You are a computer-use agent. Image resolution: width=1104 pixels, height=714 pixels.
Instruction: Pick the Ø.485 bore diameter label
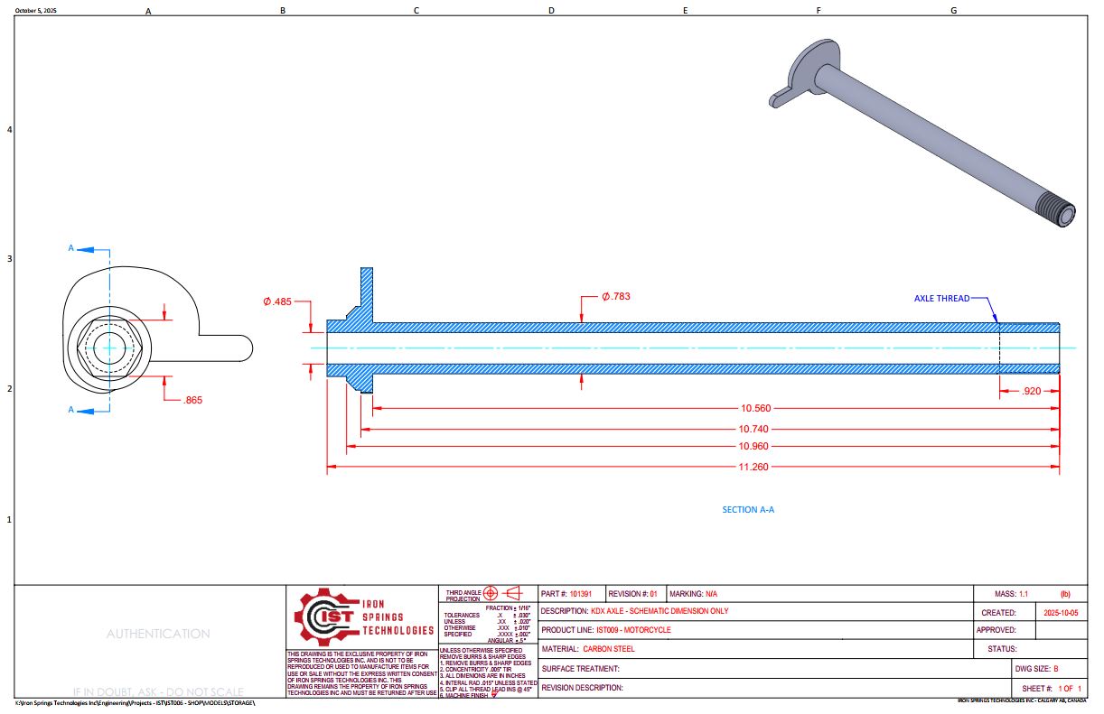(277, 301)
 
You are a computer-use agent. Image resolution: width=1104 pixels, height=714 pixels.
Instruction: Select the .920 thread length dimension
(1030, 392)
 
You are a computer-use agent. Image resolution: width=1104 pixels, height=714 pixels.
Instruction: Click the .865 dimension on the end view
(192, 400)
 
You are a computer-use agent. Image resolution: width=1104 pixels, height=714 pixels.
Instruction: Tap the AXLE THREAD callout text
(941, 298)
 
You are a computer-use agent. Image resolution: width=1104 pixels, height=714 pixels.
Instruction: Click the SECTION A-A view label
(748, 509)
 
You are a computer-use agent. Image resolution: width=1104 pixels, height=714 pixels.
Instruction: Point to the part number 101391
(581, 594)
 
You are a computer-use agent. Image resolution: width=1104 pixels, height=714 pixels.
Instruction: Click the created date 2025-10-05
(1061, 612)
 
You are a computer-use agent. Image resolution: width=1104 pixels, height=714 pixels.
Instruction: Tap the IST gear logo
(323, 617)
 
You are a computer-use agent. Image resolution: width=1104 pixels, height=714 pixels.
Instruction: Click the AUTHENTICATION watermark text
(158, 634)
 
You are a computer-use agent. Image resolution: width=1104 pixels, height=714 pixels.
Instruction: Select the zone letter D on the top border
(551, 11)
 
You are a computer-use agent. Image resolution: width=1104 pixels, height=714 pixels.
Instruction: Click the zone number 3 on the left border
(10, 259)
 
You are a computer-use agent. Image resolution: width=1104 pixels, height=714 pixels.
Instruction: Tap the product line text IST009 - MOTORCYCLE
(633, 629)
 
